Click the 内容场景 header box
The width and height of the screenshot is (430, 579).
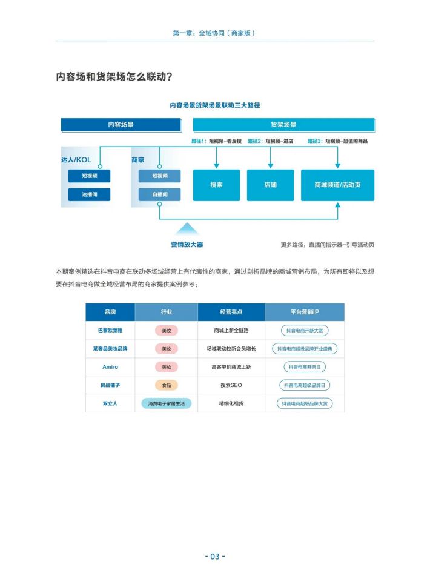tap(121, 125)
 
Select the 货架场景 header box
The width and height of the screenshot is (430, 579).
tap(283, 125)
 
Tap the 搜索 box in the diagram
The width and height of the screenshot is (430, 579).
tap(216, 185)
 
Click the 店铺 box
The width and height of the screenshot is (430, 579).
tap(270, 185)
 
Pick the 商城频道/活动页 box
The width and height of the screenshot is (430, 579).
tap(337, 185)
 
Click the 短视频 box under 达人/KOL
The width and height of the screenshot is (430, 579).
tap(89, 176)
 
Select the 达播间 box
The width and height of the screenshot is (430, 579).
tap(89, 194)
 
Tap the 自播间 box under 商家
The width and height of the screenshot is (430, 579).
tap(160, 194)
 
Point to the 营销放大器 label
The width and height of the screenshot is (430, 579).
tap(187, 245)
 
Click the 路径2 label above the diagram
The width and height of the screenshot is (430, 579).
tap(256, 141)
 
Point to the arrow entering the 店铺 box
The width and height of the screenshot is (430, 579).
tap(271, 157)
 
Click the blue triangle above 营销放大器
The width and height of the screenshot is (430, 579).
tap(187, 229)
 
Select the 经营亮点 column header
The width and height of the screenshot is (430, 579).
tap(231, 312)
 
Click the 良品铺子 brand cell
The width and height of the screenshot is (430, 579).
tap(110, 385)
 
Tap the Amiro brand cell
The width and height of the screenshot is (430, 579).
tap(110, 367)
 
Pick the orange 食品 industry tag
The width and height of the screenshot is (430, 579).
tap(167, 385)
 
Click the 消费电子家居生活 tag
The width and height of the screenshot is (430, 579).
tap(167, 403)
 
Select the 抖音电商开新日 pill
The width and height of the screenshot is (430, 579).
tap(305, 367)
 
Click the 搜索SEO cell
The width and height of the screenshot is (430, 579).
tap(231, 385)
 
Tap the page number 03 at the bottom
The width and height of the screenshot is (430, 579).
tap(215, 557)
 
